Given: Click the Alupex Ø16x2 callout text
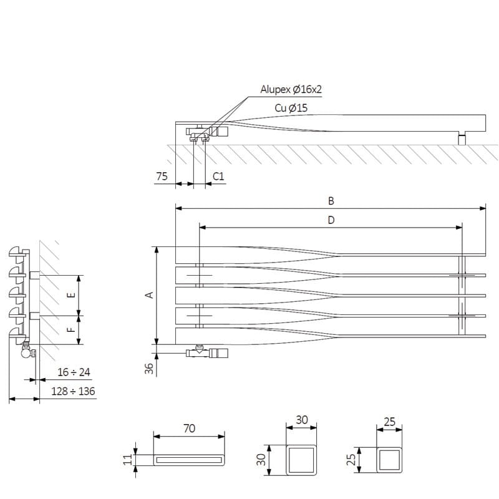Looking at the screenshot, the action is [x=291, y=89].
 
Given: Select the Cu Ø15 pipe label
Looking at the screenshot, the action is [x=291, y=108].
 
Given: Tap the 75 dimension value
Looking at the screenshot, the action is [x=162, y=177].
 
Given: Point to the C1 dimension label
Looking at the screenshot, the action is [x=218, y=177].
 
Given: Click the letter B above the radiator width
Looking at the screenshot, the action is [x=331, y=201].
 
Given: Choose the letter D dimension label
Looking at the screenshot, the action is [x=331, y=220].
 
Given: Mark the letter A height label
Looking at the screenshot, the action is [x=149, y=295].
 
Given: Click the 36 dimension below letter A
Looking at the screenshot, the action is [x=149, y=368].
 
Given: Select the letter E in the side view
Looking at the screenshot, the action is [x=72, y=294].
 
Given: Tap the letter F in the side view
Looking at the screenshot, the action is [x=72, y=329].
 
